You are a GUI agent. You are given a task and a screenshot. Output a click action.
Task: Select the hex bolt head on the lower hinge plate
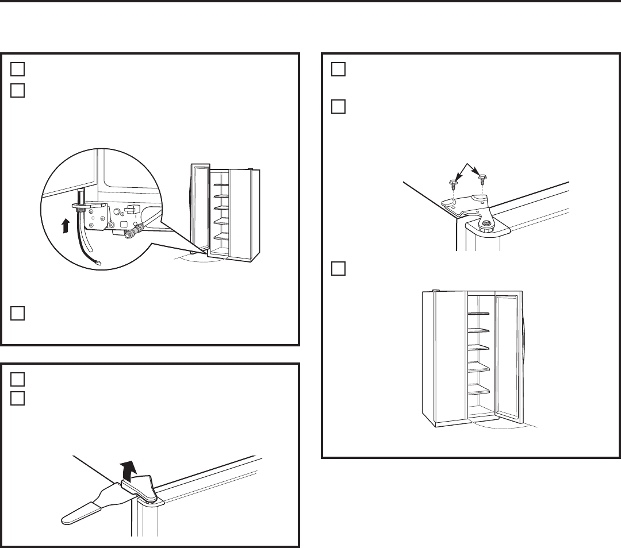(x=118, y=212)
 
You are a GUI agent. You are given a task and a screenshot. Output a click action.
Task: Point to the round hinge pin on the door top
(x=486, y=223)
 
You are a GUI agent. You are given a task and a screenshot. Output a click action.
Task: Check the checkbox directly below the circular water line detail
(x=17, y=312)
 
